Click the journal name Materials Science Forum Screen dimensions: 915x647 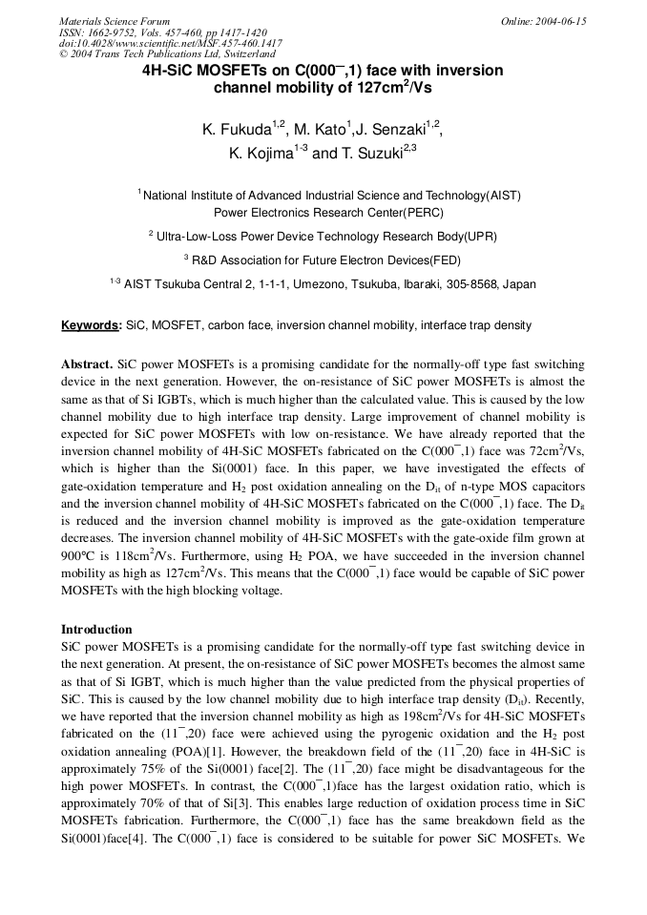point(115,21)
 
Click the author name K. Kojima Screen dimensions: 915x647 point(261,153)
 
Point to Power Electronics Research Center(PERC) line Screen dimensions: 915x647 point(328,213)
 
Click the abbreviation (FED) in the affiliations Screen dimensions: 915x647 point(442,260)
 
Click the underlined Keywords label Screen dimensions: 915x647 point(92,325)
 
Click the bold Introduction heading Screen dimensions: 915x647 point(96,630)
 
